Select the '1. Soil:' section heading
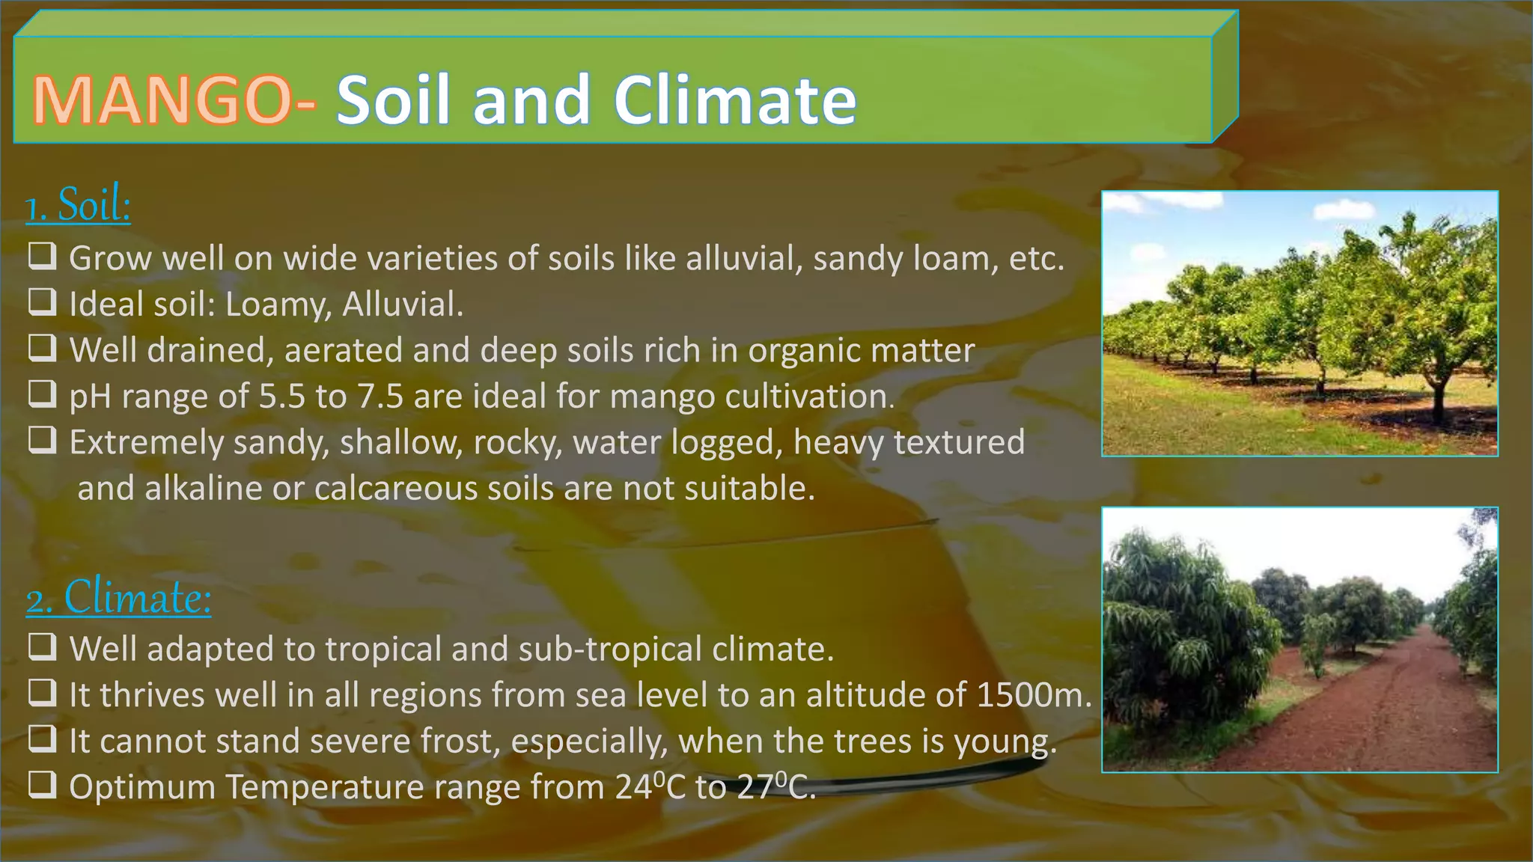[78, 205]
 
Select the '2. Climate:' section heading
[119, 599]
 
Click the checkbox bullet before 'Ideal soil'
[43, 302]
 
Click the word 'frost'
[458, 742]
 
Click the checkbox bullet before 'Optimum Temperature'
[43, 786]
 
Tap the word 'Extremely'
[147, 443]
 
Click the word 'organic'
[799, 351]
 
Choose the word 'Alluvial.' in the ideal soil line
[403, 305]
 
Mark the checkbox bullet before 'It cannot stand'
[43, 739]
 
